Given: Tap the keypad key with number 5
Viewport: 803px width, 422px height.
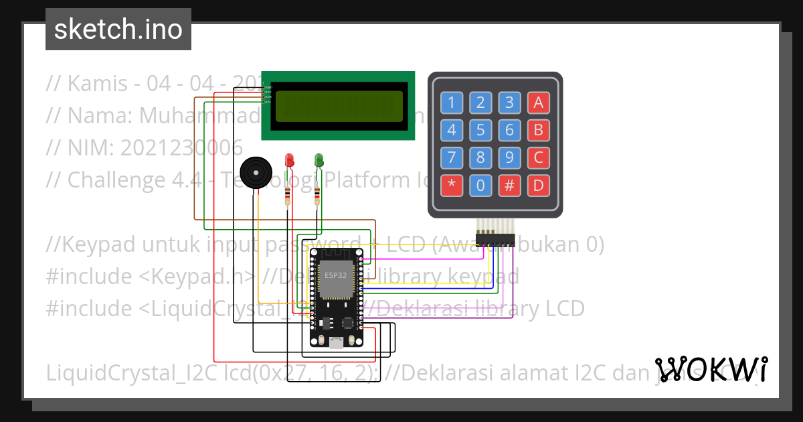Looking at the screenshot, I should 480,130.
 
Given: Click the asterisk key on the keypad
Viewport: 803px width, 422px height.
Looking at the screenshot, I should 452,186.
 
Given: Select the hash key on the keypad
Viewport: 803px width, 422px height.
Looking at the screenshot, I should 509,186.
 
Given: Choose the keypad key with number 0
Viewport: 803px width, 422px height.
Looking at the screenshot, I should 480,186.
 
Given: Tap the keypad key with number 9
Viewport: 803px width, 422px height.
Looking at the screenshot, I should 509,158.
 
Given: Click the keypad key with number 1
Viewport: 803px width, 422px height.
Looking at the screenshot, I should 452,102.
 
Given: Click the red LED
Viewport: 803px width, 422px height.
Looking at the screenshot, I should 290,160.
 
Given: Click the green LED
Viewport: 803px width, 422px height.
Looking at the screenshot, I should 319,160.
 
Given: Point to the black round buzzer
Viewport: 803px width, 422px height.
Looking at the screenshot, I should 255,173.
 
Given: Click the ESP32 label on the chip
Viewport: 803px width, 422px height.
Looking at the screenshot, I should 335,275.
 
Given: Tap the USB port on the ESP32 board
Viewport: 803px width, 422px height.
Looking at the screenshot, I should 336,343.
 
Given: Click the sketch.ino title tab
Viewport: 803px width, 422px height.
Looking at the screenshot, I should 118,29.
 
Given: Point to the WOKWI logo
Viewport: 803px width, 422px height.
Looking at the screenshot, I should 711,369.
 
